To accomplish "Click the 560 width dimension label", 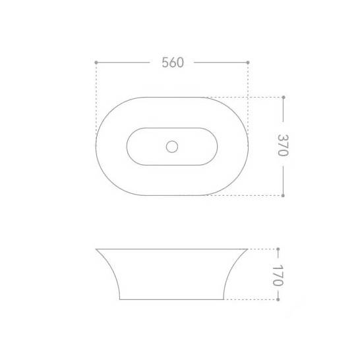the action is [x=173, y=63].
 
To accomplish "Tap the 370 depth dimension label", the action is [x=283, y=145].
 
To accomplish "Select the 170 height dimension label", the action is [x=278, y=276].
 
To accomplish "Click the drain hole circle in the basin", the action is [x=172, y=146].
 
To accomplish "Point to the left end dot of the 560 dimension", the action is [x=96, y=63].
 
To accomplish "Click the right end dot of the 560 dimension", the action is [x=248, y=63].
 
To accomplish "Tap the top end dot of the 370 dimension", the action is [x=284, y=98].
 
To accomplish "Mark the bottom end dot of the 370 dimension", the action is [x=283, y=195].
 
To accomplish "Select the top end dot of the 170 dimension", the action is [x=278, y=249].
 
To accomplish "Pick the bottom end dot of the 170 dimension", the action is [x=278, y=299].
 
